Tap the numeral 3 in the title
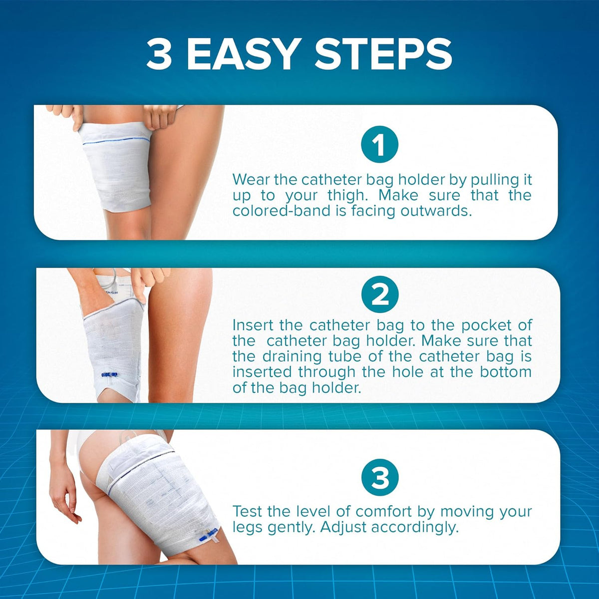[x=159, y=54]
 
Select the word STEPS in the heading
[x=383, y=54]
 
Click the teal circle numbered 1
[x=379, y=144]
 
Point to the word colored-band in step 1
[x=282, y=211]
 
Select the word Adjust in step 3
[x=343, y=528]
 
